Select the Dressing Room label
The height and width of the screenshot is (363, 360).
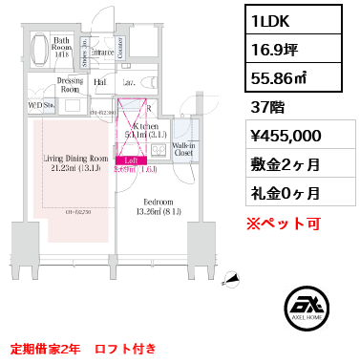click(71, 86)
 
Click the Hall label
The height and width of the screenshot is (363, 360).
click(100, 83)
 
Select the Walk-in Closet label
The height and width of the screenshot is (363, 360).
click(183, 148)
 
